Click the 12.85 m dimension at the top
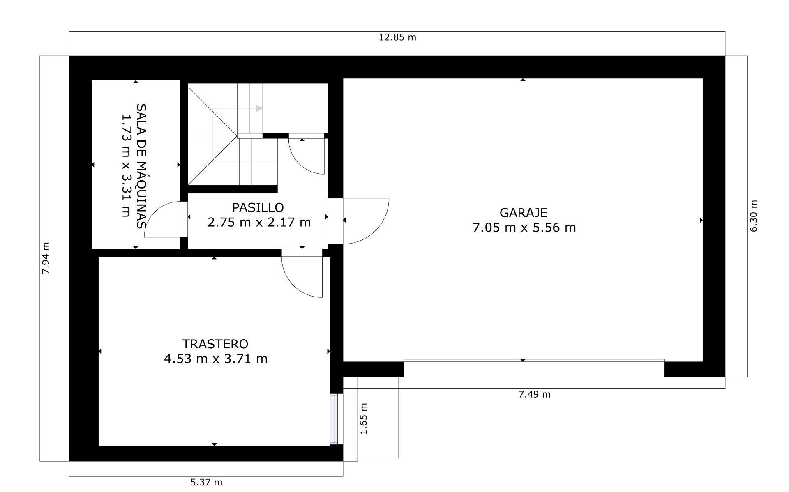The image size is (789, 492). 397,37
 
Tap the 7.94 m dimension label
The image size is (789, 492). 46,258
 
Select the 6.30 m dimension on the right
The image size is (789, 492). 753,216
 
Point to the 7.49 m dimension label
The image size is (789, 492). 534,394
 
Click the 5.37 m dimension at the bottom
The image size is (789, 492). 206,482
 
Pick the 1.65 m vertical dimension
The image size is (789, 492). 363,418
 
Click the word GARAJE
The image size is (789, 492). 523,213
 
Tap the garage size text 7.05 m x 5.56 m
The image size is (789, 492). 524,228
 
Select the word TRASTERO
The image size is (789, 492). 215,344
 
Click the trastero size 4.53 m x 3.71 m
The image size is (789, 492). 215,359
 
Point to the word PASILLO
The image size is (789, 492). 258,207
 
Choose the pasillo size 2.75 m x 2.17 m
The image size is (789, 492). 259,223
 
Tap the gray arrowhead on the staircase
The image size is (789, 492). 259,108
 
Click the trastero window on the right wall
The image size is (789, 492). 334,419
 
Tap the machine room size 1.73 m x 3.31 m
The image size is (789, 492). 126,166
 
